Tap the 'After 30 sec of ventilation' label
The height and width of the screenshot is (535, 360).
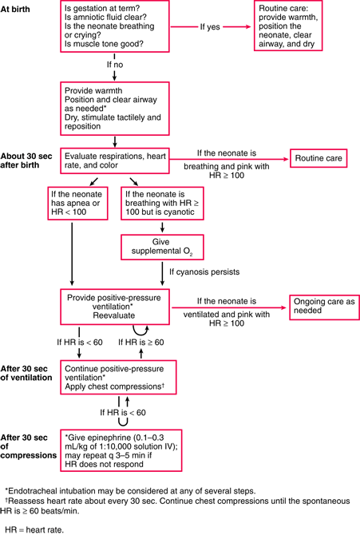(26, 372)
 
